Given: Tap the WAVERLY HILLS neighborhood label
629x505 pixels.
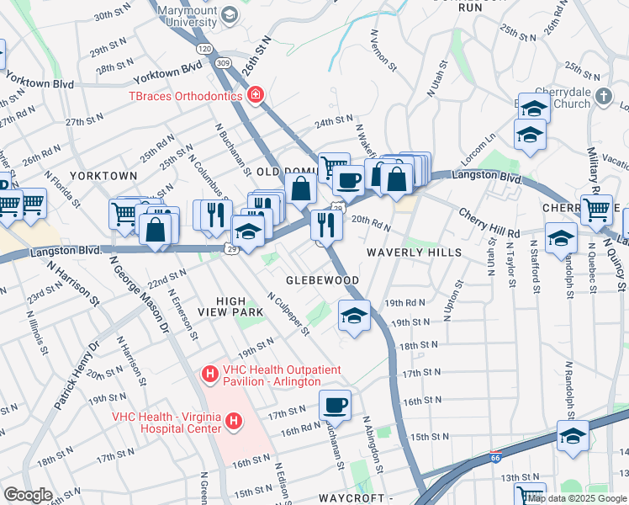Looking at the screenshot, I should pyautogui.click(x=414, y=252).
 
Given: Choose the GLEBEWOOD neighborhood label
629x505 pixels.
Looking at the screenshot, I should pyautogui.click(x=322, y=280).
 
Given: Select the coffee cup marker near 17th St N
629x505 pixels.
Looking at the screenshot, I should pyautogui.click(x=335, y=405).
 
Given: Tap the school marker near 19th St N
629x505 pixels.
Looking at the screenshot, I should pyautogui.click(x=355, y=316).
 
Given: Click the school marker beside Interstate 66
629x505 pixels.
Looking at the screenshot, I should pyautogui.click(x=573, y=437).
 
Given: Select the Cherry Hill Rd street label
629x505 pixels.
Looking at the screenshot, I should pyautogui.click(x=489, y=222).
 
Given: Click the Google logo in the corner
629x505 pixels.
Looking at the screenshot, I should pyautogui.click(x=28, y=495).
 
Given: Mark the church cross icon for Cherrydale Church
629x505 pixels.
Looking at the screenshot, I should pyautogui.click(x=602, y=96).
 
